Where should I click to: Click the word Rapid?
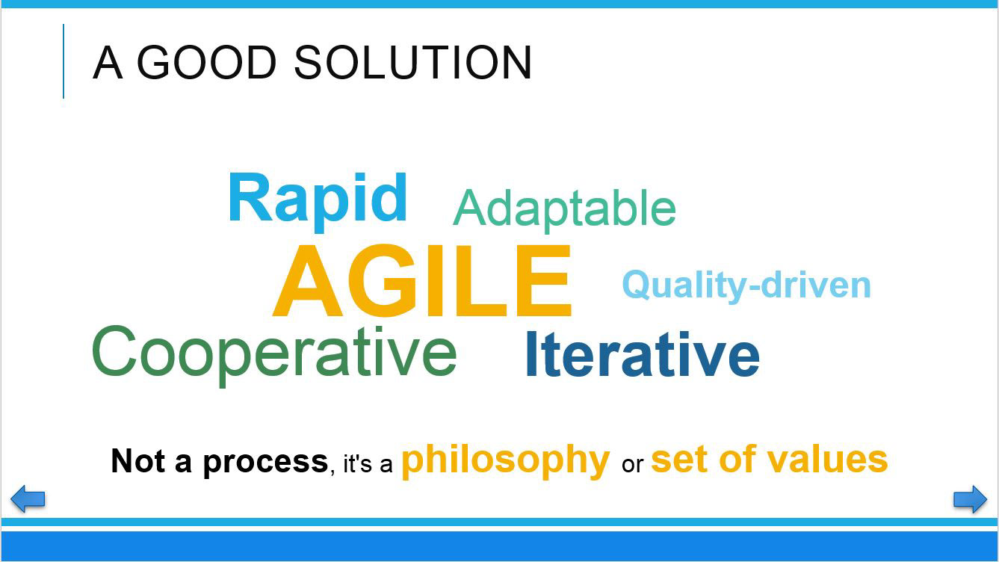318,201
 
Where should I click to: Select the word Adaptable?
564,211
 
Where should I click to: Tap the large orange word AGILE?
422,280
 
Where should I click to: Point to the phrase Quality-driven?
746,285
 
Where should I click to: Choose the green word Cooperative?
274,356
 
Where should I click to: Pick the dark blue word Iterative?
643,354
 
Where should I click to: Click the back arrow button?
28,498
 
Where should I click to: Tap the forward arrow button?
971,499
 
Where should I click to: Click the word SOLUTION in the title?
413,62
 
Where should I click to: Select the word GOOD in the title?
206,62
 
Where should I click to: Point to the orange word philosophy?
506,461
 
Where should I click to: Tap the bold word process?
266,463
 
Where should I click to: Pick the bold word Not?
138,460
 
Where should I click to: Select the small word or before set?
632,465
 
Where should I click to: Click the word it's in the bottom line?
358,464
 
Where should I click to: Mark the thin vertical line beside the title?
64,61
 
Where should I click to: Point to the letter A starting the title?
108,62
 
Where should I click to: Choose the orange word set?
681,460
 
